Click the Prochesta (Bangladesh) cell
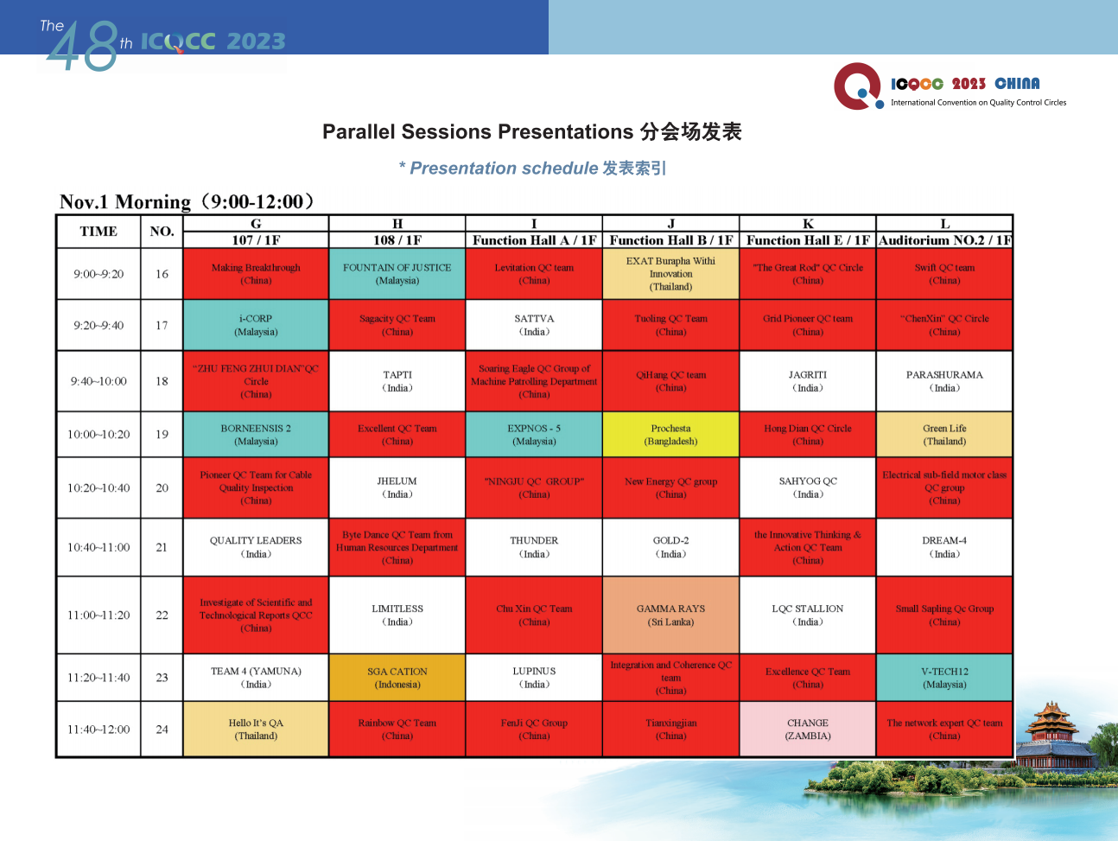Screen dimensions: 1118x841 click(670, 434)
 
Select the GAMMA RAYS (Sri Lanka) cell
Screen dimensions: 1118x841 click(670, 615)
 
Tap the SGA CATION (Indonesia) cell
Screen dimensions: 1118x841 click(397, 678)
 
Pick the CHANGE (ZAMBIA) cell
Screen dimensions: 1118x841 click(807, 729)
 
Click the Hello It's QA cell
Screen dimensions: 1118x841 click(256, 729)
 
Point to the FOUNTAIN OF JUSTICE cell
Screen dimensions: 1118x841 click(397, 273)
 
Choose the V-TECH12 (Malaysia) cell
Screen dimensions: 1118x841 click(944, 678)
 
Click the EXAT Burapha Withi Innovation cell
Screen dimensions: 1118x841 click(670, 273)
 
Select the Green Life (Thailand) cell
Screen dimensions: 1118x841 click(944, 434)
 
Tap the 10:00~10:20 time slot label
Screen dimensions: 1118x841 click(98, 435)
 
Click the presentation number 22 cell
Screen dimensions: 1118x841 click(162, 615)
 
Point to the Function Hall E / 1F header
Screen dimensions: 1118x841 click(808, 240)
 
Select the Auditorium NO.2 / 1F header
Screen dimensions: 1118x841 click(945, 240)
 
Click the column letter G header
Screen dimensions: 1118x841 click(256, 224)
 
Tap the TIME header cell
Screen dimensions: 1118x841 click(98, 232)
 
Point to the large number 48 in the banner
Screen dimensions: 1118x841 click(83, 47)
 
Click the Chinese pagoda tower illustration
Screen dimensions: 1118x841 click(1051, 734)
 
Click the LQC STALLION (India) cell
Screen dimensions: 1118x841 click(807, 615)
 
